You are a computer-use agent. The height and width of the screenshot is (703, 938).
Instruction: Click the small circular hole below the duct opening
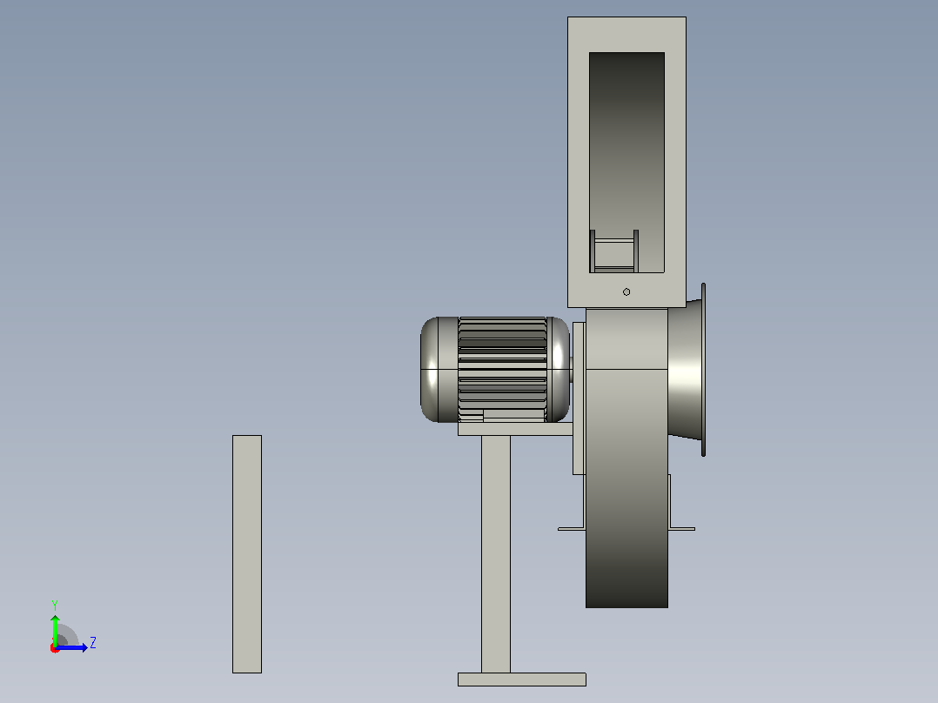(x=626, y=292)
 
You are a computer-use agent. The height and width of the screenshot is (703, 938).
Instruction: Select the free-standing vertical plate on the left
(x=247, y=554)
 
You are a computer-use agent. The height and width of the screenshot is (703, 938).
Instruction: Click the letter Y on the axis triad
(x=55, y=605)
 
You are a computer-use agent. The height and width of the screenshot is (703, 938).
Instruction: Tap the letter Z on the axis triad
(x=93, y=643)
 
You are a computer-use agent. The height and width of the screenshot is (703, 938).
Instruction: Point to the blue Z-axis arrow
(x=71, y=648)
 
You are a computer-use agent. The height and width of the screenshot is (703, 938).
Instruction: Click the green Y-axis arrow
(x=55, y=631)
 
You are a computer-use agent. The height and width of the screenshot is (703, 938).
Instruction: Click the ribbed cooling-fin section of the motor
(x=503, y=369)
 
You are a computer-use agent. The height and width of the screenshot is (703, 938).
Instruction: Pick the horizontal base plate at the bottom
(x=522, y=679)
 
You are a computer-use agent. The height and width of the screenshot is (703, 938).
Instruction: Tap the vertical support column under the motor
(x=496, y=554)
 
